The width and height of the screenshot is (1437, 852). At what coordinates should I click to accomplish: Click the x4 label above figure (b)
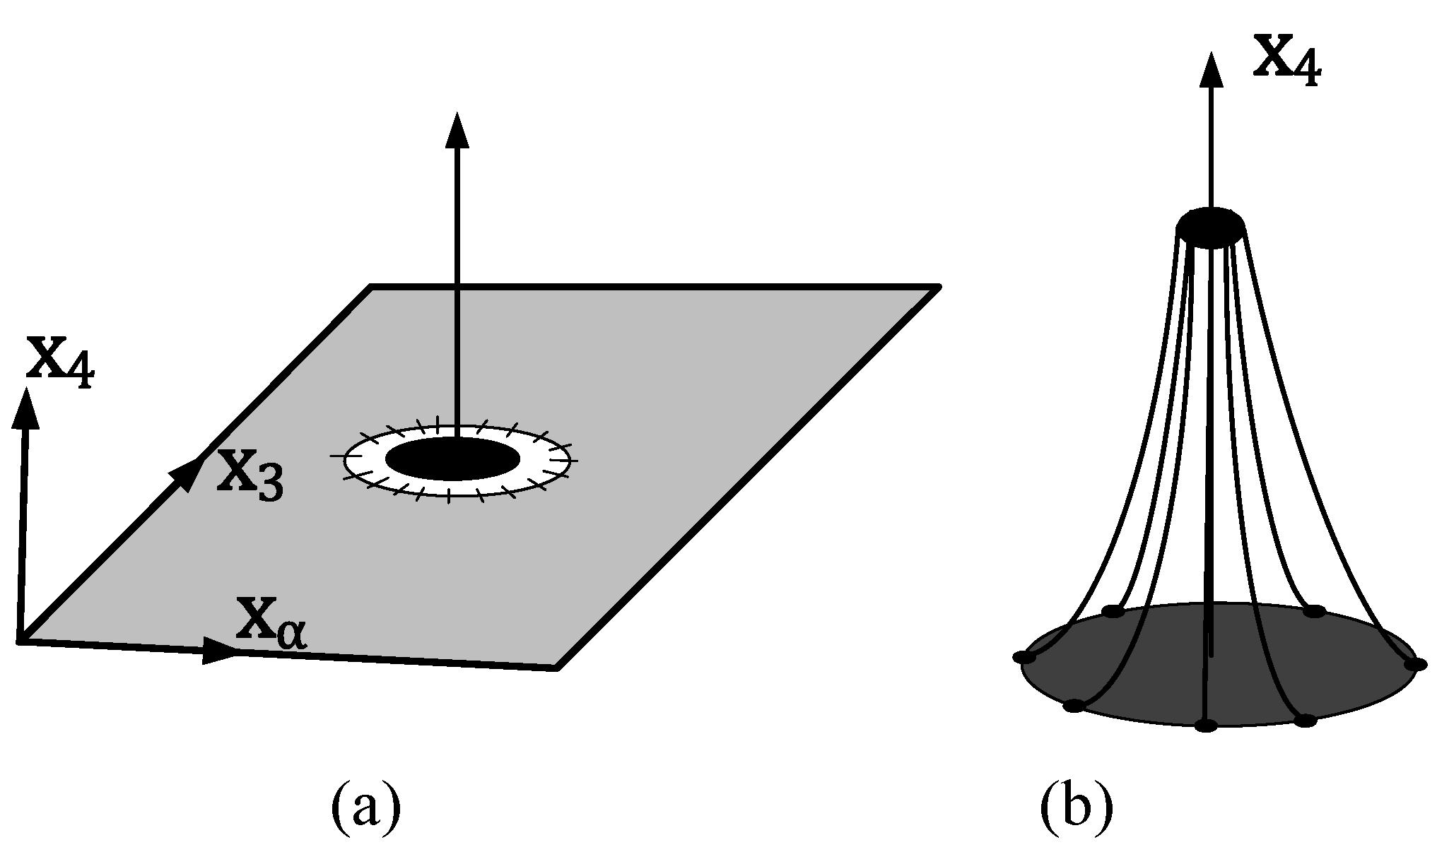[1286, 62]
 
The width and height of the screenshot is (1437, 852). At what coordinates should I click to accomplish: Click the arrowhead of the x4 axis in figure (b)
[1213, 71]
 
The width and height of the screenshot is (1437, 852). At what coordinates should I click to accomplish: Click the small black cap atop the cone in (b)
[1211, 227]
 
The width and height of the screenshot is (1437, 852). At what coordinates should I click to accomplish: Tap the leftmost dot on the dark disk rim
[1024, 658]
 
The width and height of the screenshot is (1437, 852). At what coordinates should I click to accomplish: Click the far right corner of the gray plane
[938, 287]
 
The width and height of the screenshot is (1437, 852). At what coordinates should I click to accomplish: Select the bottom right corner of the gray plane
[557, 667]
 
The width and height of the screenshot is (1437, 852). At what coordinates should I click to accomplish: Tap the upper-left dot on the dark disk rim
[1113, 611]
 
